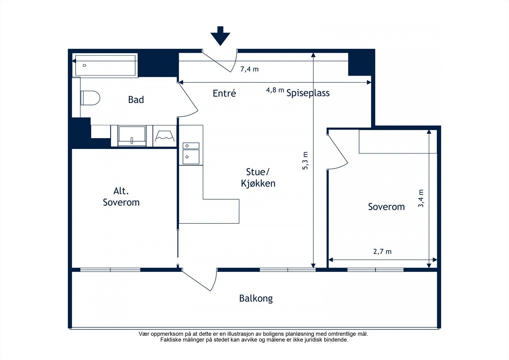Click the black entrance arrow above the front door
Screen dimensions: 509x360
[x=220, y=36]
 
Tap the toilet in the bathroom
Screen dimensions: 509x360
[x=90, y=98]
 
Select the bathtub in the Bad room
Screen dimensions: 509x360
[x=105, y=65]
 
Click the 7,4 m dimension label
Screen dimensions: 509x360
[x=249, y=69]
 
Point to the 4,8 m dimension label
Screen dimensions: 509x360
[x=275, y=90]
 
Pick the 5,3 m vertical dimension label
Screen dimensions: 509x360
[x=305, y=160]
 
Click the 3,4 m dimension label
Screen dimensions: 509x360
[x=421, y=198]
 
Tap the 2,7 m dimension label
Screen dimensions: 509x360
[x=382, y=251]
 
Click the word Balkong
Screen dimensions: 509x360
[x=256, y=298]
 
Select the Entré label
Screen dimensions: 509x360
[x=224, y=93]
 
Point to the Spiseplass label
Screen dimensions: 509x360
[x=308, y=93]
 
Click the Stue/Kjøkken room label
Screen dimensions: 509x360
[x=258, y=178]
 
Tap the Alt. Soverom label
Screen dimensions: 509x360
[x=121, y=197]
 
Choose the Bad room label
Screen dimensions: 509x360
[x=136, y=100]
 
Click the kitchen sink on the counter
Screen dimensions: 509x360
[x=191, y=153]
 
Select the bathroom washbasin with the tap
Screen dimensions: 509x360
[x=132, y=136]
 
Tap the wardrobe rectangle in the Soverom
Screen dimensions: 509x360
[x=398, y=141]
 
